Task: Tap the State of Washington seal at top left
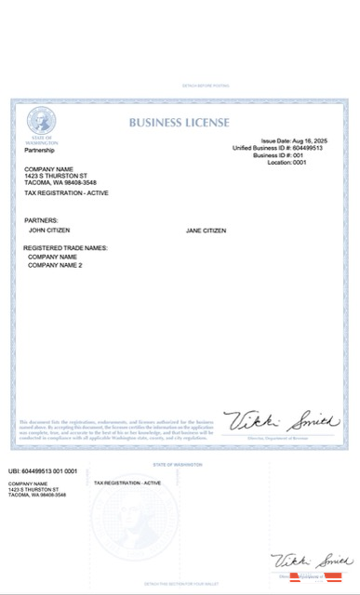click(41, 120)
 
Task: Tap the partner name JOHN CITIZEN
click(49, 230)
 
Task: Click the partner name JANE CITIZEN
click(206, 231)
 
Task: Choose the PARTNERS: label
click(41, 220)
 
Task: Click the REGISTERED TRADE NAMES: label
click(66, 248)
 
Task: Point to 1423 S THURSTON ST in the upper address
click(56, 176)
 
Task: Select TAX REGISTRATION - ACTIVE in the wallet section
click(127, 483)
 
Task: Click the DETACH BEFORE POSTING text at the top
click(180, 86)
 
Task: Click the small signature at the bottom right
click(311, 562)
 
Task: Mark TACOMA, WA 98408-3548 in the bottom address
click(37, 496)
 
